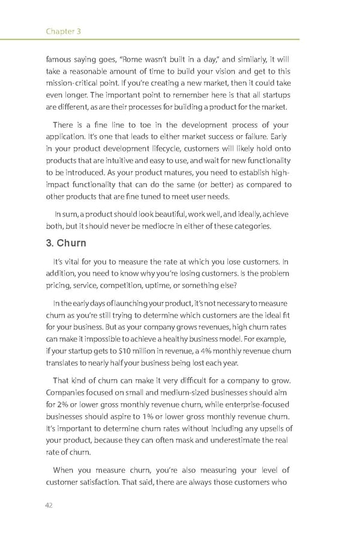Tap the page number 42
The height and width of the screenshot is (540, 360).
tap(49, 505)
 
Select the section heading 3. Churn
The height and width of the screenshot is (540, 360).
tap(66, 243)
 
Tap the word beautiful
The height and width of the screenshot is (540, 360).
tap(162, 214)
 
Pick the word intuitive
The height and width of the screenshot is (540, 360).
tap(122, 161)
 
